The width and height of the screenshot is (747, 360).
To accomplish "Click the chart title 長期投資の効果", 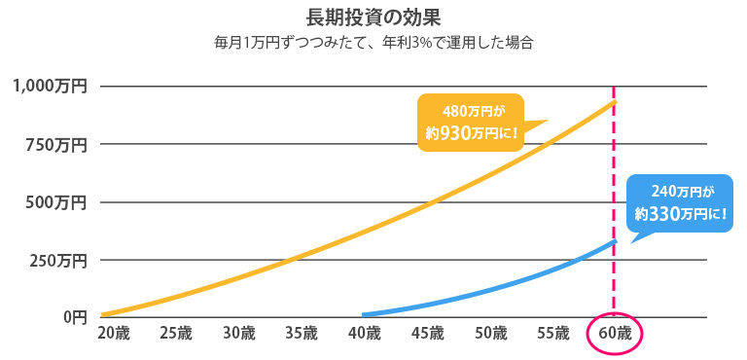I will (x=373, y=17).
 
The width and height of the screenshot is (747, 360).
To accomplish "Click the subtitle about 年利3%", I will (x=373, y=43).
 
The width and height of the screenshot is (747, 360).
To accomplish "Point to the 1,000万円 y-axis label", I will (x=50, y=86).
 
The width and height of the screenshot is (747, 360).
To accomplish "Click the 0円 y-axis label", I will (x=75, y=316).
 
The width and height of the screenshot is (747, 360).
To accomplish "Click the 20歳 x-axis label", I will (x=113, y=333).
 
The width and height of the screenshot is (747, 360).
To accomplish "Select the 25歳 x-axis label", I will (x=176, y=333).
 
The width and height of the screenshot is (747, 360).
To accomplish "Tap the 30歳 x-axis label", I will (x=238, y=333).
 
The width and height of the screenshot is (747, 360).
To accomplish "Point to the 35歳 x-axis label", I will (x=302, y=333).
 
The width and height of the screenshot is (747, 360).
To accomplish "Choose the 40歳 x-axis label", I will (x=364, y=333).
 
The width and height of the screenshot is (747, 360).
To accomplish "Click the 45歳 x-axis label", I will (x=427, y=333).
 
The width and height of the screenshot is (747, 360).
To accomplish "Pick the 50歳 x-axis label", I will (x=490, y=333).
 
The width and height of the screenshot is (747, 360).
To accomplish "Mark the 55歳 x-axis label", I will (x=552, y=333).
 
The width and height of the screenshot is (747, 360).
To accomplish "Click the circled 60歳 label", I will (x=615, y=333).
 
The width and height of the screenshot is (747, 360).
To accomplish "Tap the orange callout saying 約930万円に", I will (x=470, y=123).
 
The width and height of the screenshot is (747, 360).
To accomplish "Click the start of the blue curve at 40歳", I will (x=364, y=314).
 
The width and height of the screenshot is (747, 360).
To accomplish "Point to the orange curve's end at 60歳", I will (x=614, y=101).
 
